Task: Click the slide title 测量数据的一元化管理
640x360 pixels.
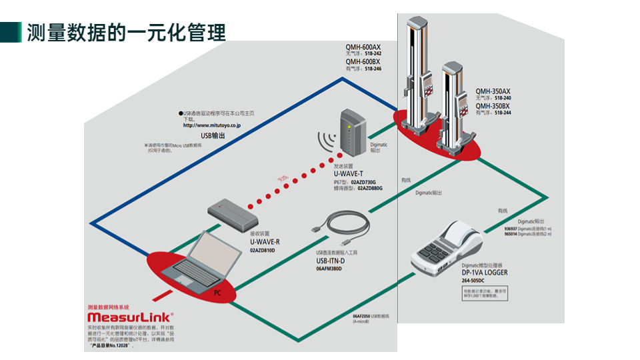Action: (126, 32)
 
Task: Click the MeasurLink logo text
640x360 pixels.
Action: (130, 318)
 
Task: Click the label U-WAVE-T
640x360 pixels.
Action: (349, 173)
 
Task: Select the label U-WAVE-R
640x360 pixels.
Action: (265, 242)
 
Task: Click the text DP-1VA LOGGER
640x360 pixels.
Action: (485, 273)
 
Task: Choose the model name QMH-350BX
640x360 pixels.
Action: (493, 106)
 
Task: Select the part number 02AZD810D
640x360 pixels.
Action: (263, 250)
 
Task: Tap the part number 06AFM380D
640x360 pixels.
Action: (329, 269)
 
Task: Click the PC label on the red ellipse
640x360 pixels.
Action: (217, 293)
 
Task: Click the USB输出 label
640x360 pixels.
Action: (213, 135)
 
